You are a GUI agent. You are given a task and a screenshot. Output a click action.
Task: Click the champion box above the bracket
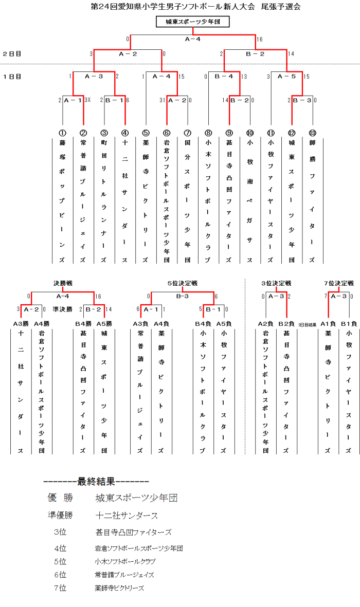(x=193, y=22)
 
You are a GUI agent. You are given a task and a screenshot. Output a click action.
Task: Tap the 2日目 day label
(x=12, y=53)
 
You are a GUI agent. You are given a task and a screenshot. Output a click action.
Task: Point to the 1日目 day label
(x=12, y=77)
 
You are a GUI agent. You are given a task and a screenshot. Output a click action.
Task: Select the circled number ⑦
(x=187, y=133)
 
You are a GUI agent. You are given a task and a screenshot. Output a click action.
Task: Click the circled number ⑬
(x=312, y=133)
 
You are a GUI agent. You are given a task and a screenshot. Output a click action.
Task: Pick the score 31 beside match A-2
(x=163, y=100)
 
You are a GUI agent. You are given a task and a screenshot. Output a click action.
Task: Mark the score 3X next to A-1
(x=87, y=100)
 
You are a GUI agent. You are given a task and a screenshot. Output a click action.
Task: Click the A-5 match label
(x=286, y=77)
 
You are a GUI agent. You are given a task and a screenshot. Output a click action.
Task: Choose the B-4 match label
(x=224, y=77)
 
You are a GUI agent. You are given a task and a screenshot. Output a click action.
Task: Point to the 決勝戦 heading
(x=63, y=283)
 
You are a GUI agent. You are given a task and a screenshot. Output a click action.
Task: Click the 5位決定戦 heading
(x=183, y=283)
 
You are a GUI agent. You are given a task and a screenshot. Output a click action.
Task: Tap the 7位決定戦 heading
(x=339, y=283)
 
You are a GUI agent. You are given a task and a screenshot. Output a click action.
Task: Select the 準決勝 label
(x=62, y=309)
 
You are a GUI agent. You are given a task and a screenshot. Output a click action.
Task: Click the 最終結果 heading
(x=97, y=482)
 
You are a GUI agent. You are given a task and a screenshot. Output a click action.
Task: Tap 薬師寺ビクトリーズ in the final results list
(x=119, y=588)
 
